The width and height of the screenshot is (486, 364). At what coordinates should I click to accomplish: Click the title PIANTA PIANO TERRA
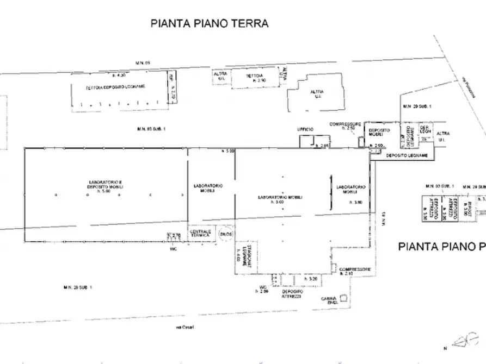pos(210,23)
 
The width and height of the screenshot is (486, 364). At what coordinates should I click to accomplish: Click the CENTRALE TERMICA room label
pos(200,234)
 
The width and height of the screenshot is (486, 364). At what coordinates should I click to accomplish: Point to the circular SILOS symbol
pos(226,234)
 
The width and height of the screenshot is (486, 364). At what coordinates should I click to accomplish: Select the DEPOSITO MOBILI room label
pos(379,133)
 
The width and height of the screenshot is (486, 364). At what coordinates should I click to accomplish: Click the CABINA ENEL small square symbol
pos(343,297)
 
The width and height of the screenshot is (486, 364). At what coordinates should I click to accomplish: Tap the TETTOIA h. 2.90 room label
pos(255,78)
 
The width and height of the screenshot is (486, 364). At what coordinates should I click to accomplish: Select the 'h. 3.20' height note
pos(311,279)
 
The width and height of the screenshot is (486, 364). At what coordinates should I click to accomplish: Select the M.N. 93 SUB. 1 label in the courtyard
pos(151,129)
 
